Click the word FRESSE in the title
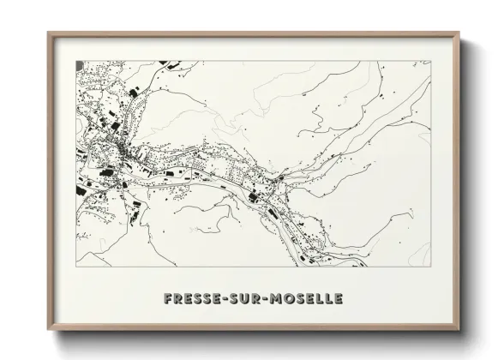pos(191,299)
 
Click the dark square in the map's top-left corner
pos(80,65)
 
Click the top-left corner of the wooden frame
pos(47,32)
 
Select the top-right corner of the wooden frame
pos(459,32)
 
